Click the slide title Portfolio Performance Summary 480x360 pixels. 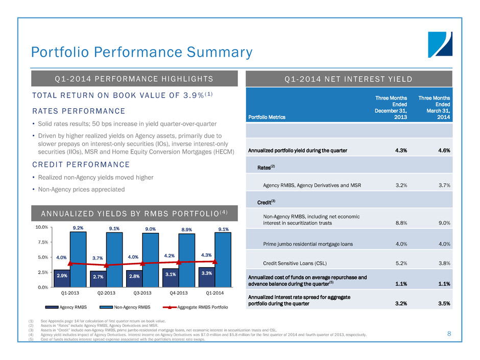[141, 53]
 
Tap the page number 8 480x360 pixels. [449, 334]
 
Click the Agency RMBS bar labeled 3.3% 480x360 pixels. [206, 277]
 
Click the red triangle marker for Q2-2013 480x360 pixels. [106, 266]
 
